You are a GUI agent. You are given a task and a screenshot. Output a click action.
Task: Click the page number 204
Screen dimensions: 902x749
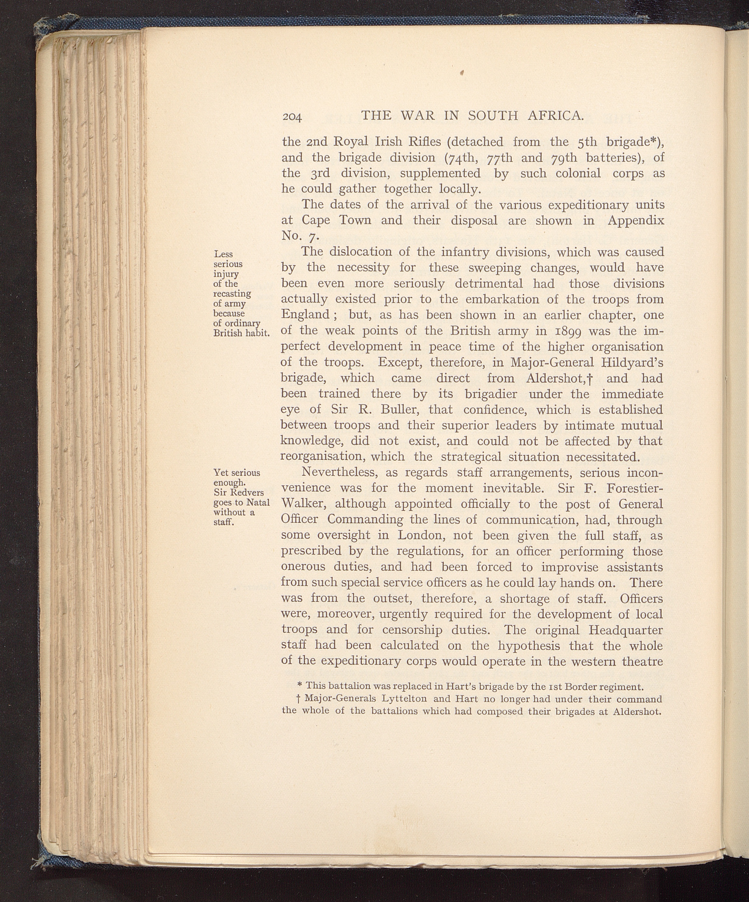coord(292,117)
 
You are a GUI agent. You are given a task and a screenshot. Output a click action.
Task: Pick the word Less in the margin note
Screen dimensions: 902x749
coord(224,254)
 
